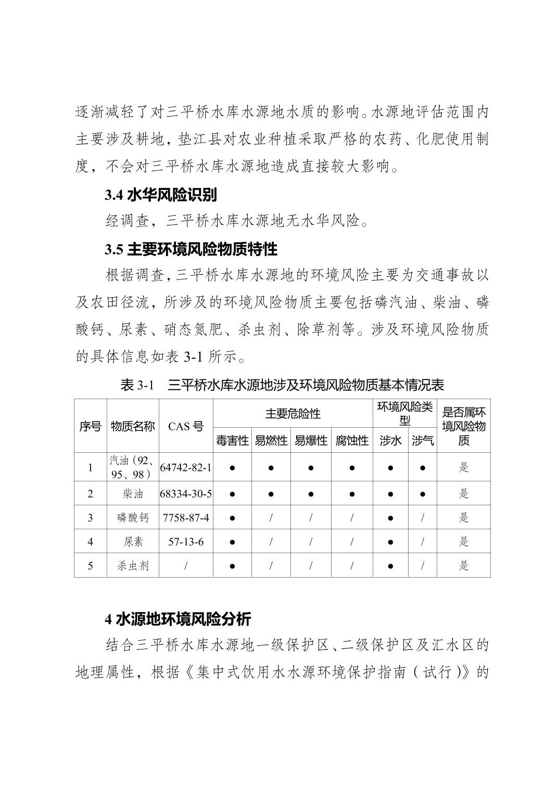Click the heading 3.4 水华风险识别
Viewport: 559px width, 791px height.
coord(161,195)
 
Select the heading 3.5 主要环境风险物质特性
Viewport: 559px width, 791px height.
coord(191,249)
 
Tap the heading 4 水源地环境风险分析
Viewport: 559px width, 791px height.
coord(178,619)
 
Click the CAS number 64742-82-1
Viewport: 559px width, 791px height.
coord(186,467)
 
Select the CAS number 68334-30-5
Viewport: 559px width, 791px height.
coord(186,493)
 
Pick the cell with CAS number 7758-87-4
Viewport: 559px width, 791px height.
coord(186,517)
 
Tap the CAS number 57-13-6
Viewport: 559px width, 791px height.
coord(186,542)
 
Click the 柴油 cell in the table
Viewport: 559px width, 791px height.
coord(133,493)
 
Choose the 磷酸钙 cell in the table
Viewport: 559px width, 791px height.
coord(133,517)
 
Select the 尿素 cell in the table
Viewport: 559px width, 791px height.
coord(133,542)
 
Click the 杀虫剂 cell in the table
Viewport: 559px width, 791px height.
coord(133,566)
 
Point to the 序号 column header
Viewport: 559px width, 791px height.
coord(90,426)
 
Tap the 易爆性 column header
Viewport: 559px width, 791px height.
coord(311,441)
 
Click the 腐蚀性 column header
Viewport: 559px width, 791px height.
coord(352,441)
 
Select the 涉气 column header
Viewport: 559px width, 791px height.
coord(423,441)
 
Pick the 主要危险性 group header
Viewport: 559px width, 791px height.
coord(293,414)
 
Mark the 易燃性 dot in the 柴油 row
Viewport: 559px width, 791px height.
coord(271,493)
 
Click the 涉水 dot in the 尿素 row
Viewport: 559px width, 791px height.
coord(390,542)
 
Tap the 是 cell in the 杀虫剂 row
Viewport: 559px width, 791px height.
coord(464,566)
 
